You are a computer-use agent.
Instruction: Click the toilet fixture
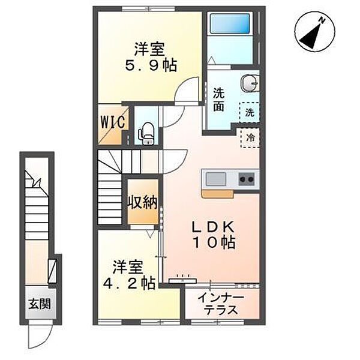click(x=146, y=134)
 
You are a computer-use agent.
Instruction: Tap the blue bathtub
click(x=230, y=23)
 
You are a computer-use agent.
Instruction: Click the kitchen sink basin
click(x=215, y=179)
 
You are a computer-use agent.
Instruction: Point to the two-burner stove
click(x=247, y=179)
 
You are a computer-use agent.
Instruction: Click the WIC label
click(x=113, y=122)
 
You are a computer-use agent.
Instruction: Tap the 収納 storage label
click(x=143, y=202)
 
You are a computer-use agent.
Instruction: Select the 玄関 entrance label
click(x=40, y=304)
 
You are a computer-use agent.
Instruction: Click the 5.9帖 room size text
click(x=151, y=65)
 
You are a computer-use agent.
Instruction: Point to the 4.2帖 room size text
click(x=129, y=283)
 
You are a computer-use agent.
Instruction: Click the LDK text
click(x=214, y=227)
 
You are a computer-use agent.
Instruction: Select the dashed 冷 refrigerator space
click(x=250, y=138)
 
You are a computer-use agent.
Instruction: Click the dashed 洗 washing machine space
click(x=250, y=113)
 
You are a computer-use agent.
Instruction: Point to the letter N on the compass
click(x=322, y=21)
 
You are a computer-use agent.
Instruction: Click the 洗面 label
click(x=218, y=100)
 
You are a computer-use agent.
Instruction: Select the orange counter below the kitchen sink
click(x=218, y=194)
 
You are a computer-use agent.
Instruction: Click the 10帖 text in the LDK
click(x=214, y=242)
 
